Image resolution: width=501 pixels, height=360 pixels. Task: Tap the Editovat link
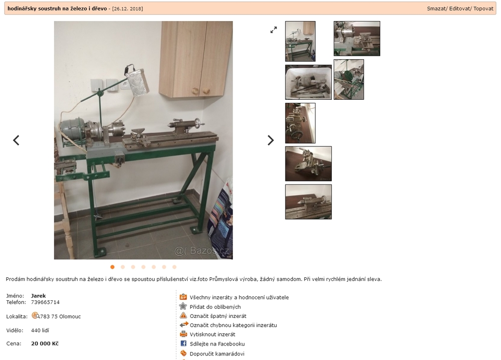click(459, 9)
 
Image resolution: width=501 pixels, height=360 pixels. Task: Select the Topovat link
click(483, 9)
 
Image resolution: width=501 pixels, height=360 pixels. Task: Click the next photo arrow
click(271, 140)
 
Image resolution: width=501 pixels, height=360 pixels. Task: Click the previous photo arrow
click(16, 140)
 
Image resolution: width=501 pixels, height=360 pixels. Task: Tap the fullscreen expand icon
click(274, 30)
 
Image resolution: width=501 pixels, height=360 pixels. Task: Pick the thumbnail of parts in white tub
click(308, 82)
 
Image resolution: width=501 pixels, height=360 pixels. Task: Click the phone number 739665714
click(45, 302)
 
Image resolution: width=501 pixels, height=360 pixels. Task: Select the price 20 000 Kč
click(45, 343)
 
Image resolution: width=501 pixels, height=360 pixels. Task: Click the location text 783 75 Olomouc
click(61, 316)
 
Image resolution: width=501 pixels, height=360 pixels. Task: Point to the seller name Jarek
click(39, 296)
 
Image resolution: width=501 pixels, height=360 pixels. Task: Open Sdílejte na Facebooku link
click(217, 343)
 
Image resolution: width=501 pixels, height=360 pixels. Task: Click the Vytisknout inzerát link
click(212, 334)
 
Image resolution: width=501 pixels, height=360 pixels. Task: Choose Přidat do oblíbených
click(215, 307)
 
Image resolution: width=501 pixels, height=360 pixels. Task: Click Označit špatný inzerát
click(218, 316)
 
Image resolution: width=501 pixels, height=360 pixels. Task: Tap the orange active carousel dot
click(112, 267)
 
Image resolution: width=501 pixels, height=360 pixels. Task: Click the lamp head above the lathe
click(138, 83)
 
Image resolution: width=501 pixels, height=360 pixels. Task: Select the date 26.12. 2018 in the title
click(127, 9)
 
